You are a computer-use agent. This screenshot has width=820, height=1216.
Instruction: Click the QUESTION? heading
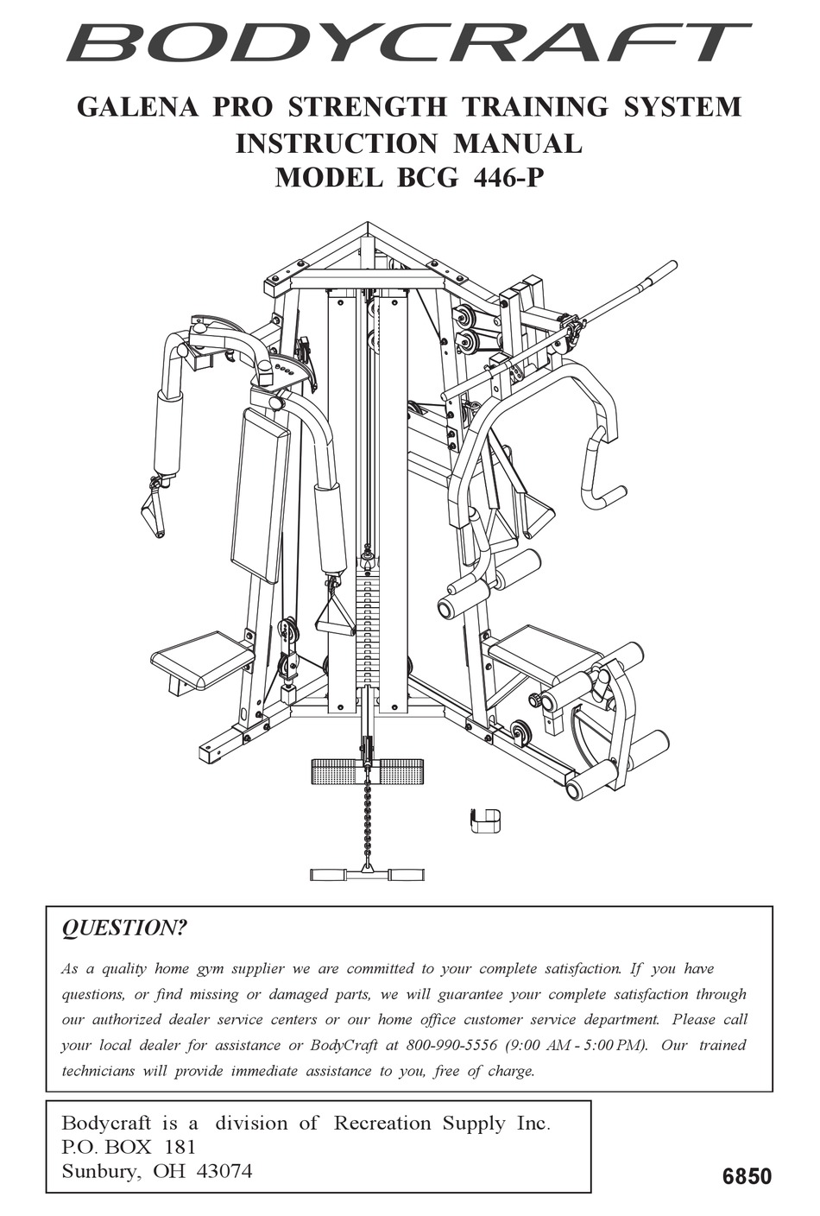click(x=123, y=928)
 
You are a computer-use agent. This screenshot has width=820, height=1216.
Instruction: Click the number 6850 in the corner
click(x=747, y=1176)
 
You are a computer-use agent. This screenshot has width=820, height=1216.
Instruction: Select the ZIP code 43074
click(x=221, y=1172)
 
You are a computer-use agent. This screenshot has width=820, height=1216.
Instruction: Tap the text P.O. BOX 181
click(x=129, y=1148)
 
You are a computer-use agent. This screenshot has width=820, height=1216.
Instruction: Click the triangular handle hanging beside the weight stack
click(x=333, y=615)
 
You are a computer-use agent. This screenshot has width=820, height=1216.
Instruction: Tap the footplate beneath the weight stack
click(x=367, y=770)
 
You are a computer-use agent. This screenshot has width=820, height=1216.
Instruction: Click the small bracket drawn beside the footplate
click(x=485, y=820)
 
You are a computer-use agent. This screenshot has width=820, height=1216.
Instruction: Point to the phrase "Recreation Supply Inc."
click(x=441, y=1124)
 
